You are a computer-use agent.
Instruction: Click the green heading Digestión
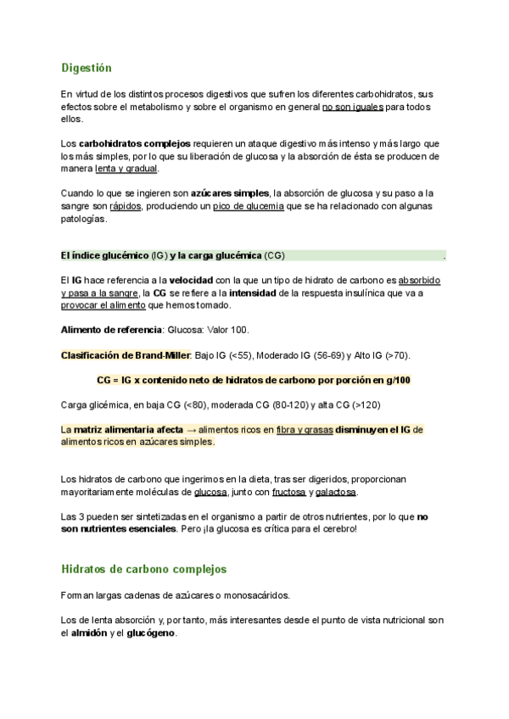[87, 67]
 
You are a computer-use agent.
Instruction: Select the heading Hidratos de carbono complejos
[144, 569]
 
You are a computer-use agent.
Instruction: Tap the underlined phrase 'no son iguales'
[353, 108]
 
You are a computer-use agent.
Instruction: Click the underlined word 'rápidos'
[126, 206]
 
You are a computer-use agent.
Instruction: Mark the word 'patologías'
[85, 219]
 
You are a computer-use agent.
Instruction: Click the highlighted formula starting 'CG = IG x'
[254, 381]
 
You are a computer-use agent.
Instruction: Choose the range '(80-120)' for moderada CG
[261, 404]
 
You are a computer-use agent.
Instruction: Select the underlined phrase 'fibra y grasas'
[304, 430]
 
